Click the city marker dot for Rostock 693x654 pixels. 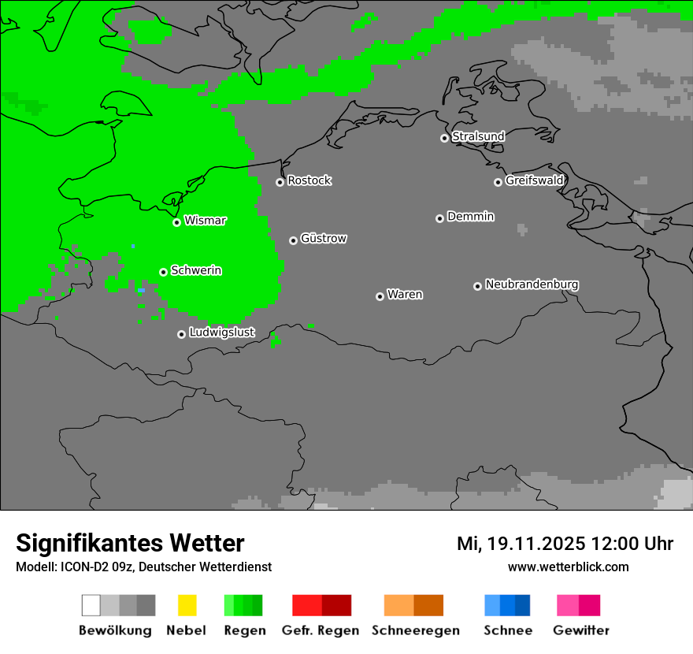[280, 182]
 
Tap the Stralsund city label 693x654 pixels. [478, 136]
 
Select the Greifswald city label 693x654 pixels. [534, 180]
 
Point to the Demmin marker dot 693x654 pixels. [439, 218]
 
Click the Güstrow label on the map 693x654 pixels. [324, 239]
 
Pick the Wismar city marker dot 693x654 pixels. [176, 222]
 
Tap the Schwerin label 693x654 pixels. [196, 271]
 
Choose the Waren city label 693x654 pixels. [405, 295]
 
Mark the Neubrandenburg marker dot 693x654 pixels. [477, 286]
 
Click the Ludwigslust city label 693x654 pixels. [221, 333]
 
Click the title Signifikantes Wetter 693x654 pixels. [130, 543]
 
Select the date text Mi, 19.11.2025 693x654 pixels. [521, 544]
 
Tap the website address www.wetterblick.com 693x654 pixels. [568, 567]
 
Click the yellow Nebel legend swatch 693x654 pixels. [187, 605]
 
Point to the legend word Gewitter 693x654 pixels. [581, 630]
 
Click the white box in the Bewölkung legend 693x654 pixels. [91, 605]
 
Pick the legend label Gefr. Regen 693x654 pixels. [321, 630]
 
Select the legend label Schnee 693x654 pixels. [508, 630]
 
